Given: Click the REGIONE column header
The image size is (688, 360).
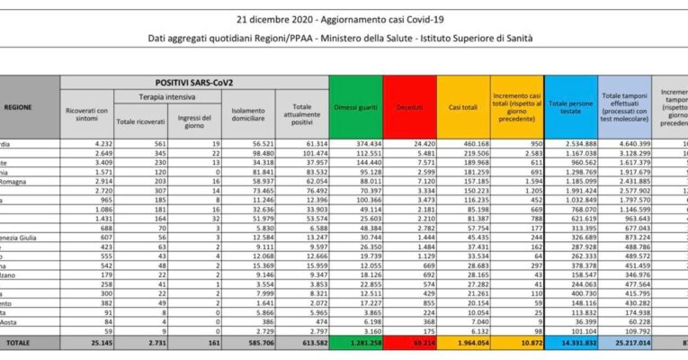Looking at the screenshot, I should (x=18, y=107).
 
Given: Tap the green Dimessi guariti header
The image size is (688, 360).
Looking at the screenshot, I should (x=355, y=108).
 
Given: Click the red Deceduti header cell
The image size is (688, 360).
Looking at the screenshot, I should (x=409, y=108).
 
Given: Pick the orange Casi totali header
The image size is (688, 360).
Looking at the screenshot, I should (x=462, y=108).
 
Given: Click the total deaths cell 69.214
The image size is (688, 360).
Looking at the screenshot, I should (x=410, y=343).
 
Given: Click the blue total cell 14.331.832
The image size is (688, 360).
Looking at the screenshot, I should (x=573, y=343).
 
